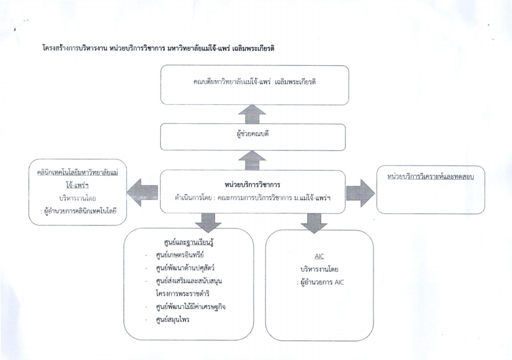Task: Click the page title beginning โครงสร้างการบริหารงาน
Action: [x=158, y=48]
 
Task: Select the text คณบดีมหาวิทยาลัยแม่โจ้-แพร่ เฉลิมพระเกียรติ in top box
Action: [x=255, y=82]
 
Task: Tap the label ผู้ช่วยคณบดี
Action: [x=253, y=134]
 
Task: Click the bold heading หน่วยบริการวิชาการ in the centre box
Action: [x=252, y=184]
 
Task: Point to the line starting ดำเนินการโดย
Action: [x=252, y=197]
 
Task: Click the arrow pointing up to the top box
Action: [x=252, y=114]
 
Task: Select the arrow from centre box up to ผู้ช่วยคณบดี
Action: [x=252, y=160]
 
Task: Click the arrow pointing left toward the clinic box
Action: [x=142, y=192]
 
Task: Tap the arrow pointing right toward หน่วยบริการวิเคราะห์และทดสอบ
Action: [x=360, y=193]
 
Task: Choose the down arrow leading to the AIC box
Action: [x=314, y=223]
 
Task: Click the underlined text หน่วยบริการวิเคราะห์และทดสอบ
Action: [x=430, y=177]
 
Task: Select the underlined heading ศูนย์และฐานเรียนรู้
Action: [x=189, y=243]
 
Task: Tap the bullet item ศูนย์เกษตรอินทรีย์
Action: [x=180, y=255]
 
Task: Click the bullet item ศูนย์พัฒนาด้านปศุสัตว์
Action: [x=185, y=268]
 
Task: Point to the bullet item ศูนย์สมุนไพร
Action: [x=172, y=319]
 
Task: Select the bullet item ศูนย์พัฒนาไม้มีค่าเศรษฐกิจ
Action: [x=190, y=307]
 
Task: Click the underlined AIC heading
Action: [x=319, y=256]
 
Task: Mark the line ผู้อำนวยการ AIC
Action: [x=320, y=282]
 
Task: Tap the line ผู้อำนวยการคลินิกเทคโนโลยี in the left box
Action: [x=79, y=211]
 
